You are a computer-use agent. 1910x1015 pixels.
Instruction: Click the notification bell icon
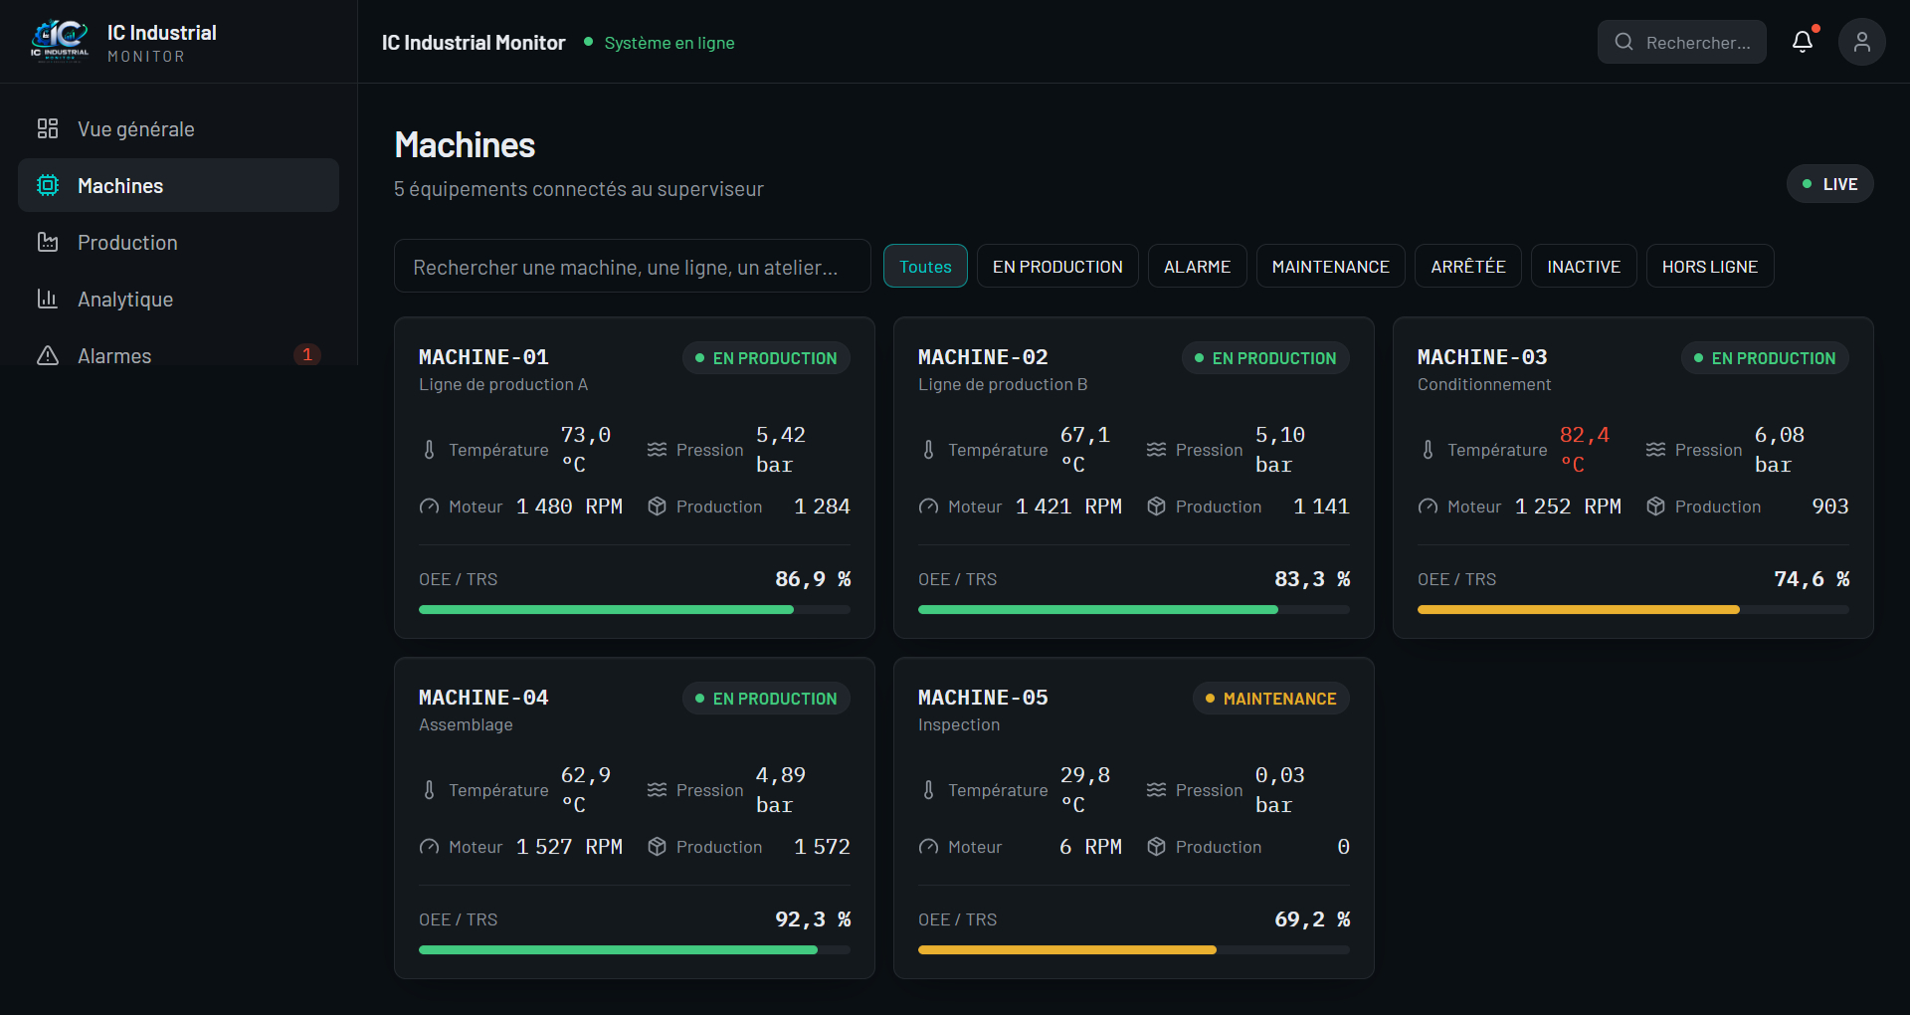(x=1803, y=42)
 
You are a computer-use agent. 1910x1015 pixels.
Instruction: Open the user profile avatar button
(x=1862, y=42)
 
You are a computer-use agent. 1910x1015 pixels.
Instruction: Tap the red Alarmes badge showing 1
(x=307, y=354)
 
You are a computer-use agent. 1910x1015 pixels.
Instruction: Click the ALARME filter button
(x=1197, y=266)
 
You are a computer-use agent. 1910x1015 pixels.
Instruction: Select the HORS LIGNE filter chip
(x=1709, y=266)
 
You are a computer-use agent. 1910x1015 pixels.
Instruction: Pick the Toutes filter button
(x=925, y=266)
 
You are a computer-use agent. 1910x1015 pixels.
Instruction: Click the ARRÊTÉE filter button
(x=1467, y=266)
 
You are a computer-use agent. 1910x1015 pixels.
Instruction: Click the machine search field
(x=633, y=266)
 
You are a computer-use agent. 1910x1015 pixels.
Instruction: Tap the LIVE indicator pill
(x=1829, y=184)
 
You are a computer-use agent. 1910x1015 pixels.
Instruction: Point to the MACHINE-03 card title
(x=1482, y=357)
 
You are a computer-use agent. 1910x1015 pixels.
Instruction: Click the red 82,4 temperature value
(x=1584, y=435)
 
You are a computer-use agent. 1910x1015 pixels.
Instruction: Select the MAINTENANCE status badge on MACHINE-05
(x=1270, y=699)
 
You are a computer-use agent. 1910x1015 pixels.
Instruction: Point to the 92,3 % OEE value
(x=813, y=919)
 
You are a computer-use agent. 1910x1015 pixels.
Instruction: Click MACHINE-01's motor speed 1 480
(x=544, y=507)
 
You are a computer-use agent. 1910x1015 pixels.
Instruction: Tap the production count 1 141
(x=1321, y=507)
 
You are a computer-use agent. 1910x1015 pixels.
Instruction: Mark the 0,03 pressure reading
(x=1279, y=775)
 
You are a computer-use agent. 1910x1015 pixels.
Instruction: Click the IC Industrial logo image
(x=60, y=42)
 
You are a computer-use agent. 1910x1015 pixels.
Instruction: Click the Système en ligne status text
(x=669, y=43)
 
